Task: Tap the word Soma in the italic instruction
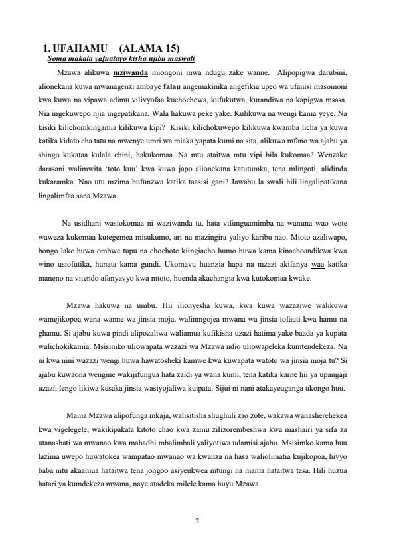tap(57, 58)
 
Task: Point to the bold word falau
tap(172, 86)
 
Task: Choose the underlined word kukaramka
tap(58, 181)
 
